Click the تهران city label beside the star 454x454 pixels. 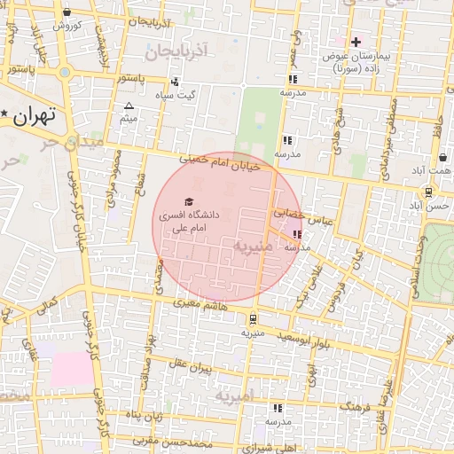coord(35,114)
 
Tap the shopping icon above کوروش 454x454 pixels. coord(68,12)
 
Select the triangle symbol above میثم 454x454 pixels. coord(129,106)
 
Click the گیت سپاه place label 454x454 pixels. coord(176,94)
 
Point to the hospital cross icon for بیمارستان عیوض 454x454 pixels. coord(356,41)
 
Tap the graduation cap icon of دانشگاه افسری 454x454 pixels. coord(188,203)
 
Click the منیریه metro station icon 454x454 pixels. coord(254,318)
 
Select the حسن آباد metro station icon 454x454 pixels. coord(428,192)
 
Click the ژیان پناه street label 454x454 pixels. coord(145,414)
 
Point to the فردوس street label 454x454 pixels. coord(337,293)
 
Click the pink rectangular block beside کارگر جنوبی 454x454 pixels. coord(71,366)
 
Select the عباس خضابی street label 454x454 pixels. coord(301,217)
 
